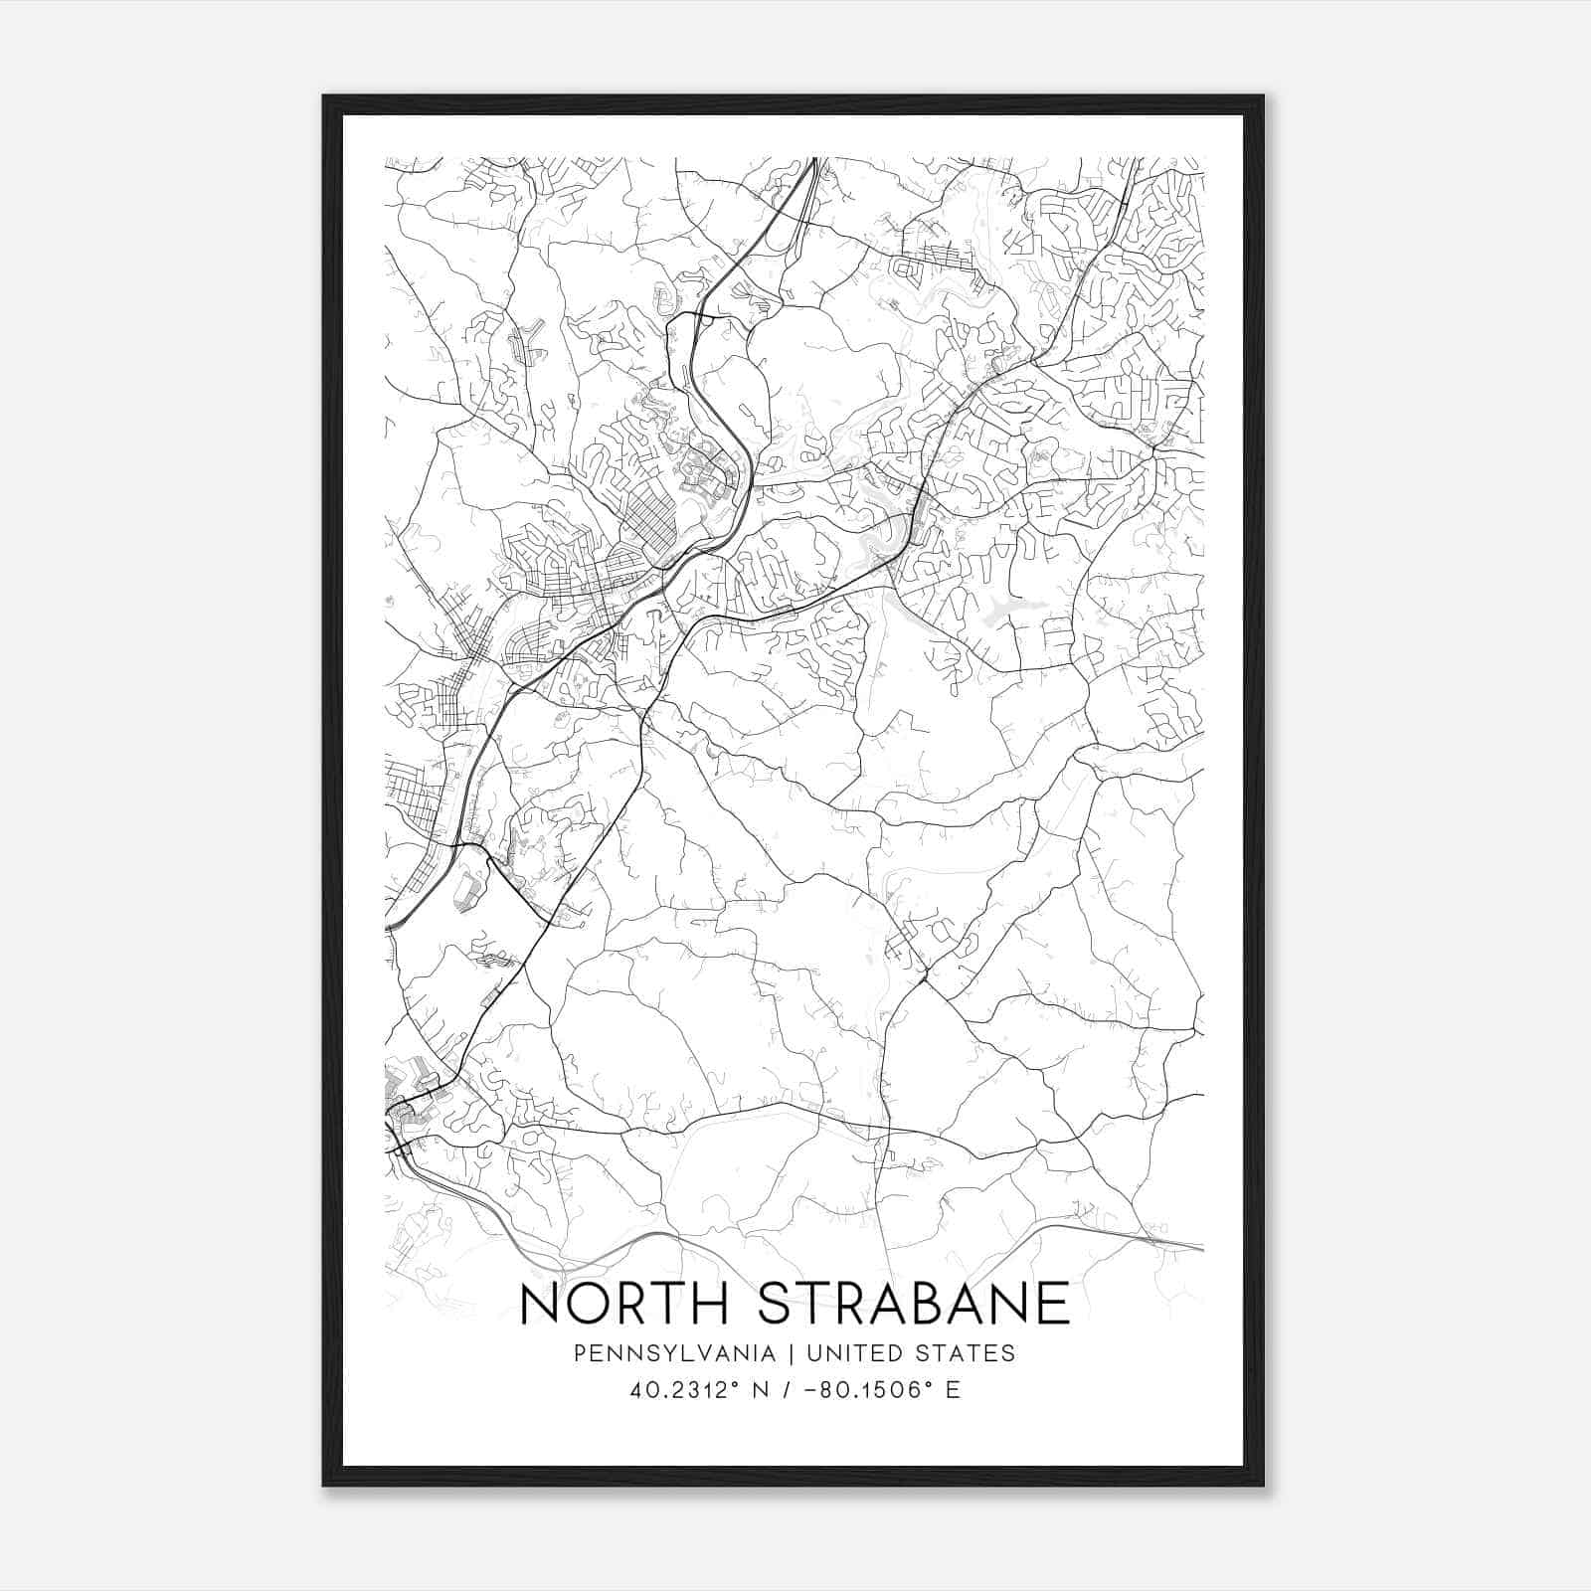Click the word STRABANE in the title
[x=913, y=1304]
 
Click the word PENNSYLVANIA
[x=673, y=1353]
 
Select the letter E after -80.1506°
[x=953, y=1390]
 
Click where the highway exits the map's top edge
[x=812, y=159]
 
